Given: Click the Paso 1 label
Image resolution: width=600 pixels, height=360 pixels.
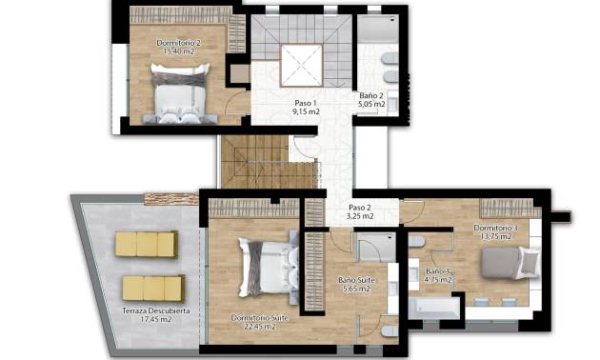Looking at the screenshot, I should pos(305,102).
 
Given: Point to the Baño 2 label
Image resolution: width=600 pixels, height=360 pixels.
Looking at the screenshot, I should pos(372,96).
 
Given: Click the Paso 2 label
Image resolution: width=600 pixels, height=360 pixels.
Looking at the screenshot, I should pos(360,208).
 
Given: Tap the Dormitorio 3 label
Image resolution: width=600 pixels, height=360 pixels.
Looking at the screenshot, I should pos(497,228).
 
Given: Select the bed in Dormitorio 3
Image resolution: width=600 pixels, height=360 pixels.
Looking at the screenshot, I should pos(512,261).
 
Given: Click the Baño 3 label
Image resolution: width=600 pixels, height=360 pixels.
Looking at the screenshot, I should pos(437,271).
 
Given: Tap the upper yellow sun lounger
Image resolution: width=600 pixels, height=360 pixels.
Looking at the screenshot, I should pos(147,245).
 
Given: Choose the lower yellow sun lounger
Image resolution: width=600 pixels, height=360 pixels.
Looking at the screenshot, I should pos(152,286).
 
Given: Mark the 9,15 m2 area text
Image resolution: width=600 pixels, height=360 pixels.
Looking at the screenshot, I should pos(305,111).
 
